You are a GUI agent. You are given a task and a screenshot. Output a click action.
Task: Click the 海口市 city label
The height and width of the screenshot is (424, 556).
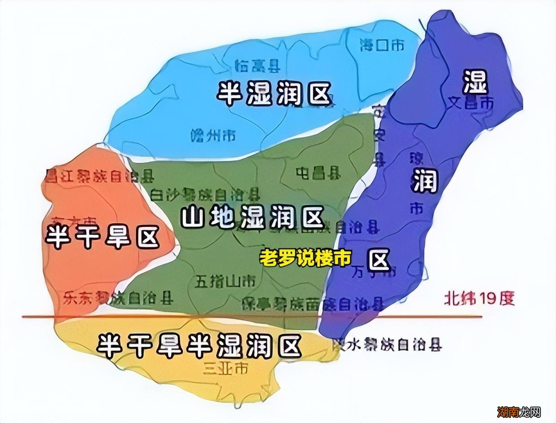(x=382, y=45)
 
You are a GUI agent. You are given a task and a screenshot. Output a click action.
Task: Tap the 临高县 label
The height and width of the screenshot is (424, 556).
(x=258, y=66)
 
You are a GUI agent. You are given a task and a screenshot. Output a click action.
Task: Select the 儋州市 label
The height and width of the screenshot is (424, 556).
(x=213, y=135)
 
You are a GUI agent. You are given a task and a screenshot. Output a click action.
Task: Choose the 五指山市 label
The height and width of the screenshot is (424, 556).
(x=225, y=281)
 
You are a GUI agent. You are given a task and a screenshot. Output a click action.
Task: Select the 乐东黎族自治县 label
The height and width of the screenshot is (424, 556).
(x=118, y=297)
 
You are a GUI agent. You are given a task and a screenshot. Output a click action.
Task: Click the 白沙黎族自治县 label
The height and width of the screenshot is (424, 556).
(x=205, y=194)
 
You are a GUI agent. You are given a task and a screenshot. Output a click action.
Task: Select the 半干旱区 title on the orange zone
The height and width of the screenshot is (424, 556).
(x=102, y=236)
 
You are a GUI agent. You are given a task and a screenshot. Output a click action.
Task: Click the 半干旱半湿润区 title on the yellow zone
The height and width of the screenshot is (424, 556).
(x=199, y=344)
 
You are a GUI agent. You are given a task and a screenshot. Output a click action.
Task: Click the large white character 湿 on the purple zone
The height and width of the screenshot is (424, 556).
(x=476, y=82)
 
